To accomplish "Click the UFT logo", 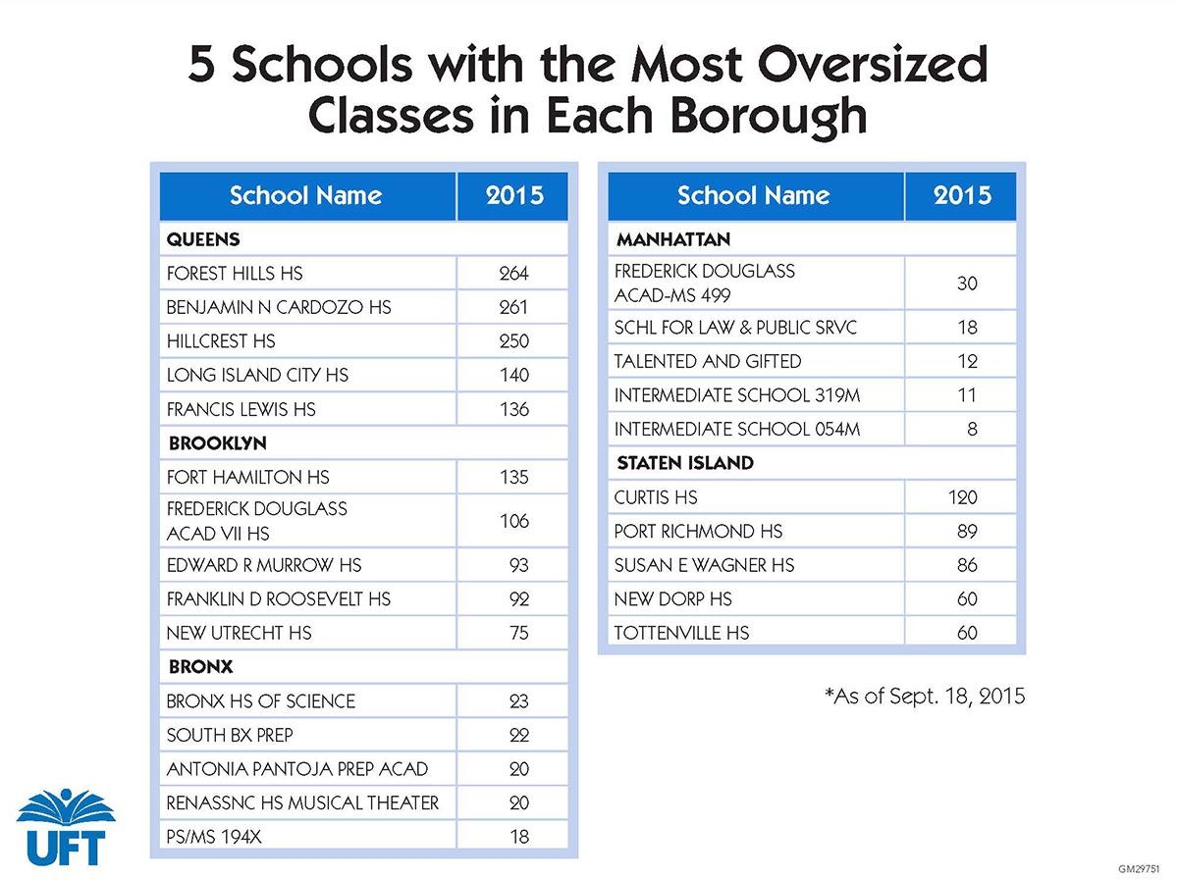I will pos(66,826).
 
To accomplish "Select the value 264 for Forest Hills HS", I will pos(513,273).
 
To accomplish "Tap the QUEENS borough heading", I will pos(203,239).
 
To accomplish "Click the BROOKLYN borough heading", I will pos(218,443).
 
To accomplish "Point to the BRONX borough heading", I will pos(200,667).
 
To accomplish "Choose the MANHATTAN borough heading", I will pos(673,239).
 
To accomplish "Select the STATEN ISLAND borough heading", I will pos(685,463).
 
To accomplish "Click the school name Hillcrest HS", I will pos(221,341).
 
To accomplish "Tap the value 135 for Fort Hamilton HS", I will pos(513,478).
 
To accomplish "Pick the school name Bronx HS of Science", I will pos(261,701).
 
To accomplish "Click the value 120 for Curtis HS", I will pos(962,497).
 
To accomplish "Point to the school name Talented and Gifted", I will pos(708,361).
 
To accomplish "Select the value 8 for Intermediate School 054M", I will pos(972,429).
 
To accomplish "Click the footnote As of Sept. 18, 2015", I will pos(925,697).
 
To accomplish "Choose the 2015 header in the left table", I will pos(513,195).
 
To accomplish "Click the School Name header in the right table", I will pos(753,195).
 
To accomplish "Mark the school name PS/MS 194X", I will pos(213,837).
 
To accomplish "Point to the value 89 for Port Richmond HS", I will pos(966,532).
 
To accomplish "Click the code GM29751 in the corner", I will pos(1145,869).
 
